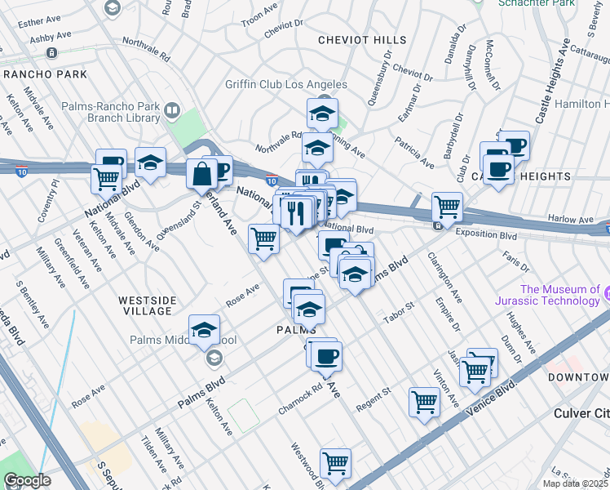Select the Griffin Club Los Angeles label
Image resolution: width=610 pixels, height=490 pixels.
[287, 85]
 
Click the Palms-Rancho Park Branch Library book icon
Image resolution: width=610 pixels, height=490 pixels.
[171, 110]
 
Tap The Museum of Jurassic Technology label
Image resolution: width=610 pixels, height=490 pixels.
[559, 295]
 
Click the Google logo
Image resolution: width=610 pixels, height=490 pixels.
[26, 481]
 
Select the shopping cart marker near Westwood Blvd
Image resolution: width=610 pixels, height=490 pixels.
[335, 463]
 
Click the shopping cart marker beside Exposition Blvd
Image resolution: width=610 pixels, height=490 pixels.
[447, 207]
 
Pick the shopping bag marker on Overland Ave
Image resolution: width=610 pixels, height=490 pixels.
[201, 172]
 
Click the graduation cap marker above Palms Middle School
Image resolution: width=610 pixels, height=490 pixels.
[204, 329]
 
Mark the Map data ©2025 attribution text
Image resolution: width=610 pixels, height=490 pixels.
[576, 483]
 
